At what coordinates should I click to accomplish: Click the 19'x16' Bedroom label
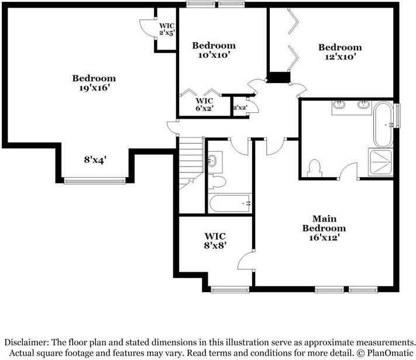(94, 83)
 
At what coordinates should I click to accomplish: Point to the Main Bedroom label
(324, 228)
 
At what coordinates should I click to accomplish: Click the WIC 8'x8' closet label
(215, 241)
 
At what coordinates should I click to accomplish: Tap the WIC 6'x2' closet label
(204, 104)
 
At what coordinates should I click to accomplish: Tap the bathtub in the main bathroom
(384, 124)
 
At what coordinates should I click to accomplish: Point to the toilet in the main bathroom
(314, 167)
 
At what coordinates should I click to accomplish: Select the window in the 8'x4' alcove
(94, 179)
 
